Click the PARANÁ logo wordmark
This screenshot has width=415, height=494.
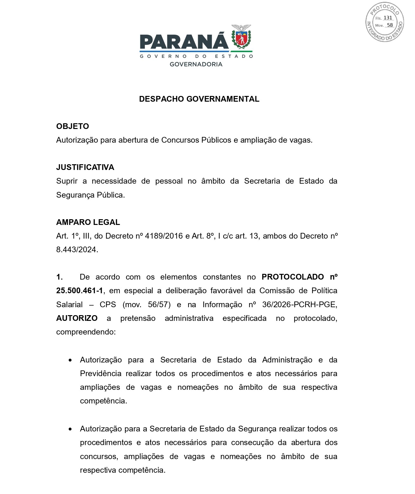(184, 41)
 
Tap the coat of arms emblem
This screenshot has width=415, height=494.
(242, 37)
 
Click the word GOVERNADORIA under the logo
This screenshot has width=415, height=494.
(196, 64)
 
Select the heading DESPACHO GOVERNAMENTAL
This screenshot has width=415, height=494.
(199, 99)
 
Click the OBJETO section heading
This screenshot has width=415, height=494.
(72, 126)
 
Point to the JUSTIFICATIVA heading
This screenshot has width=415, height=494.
(85, 167)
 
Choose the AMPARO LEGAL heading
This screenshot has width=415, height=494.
(88, 222)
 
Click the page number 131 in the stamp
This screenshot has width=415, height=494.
(388, 18)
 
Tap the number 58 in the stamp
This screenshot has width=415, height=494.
(390, 25)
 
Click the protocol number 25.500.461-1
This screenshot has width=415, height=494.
(79, 291)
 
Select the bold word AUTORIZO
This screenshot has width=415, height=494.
(77, 318)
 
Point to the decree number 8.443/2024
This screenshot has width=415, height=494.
(76, 250)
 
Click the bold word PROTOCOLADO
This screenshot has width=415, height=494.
(292, 277)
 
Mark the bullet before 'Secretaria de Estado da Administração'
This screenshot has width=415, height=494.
(70, 360)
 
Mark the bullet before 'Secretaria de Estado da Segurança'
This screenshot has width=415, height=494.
(70, 429)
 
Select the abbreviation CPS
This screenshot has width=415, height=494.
(108, 304)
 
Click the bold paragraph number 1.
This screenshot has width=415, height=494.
(59, 277)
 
